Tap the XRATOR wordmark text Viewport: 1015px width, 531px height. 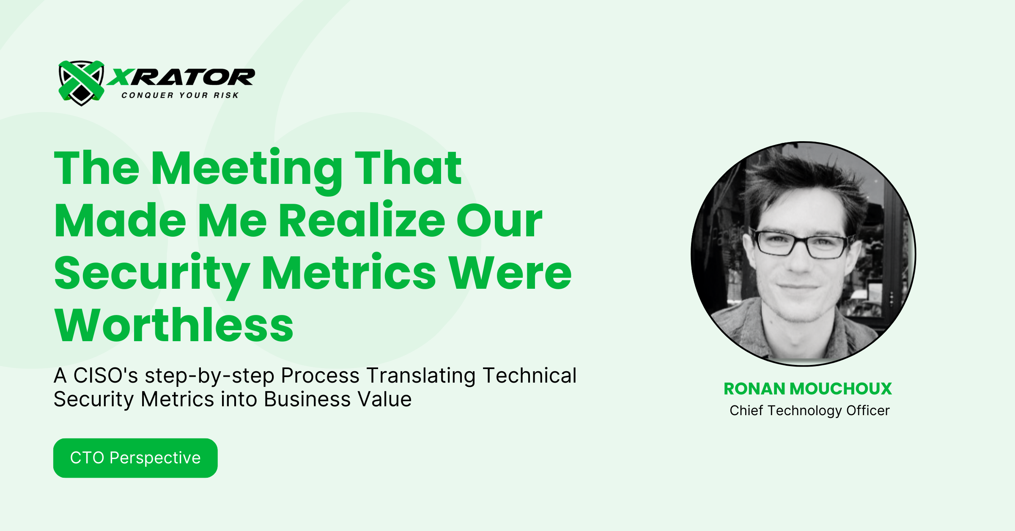[x=181, y=78]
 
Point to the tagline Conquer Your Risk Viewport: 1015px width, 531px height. [x=180, y=96]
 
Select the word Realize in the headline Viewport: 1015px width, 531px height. [x=362, y=221]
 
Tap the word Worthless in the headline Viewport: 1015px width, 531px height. [x=174, y=326]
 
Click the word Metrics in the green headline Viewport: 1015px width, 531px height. [x=348, y=273]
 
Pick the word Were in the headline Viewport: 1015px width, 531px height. [x=510, y=273]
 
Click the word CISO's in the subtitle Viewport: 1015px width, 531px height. [x=105, y=375]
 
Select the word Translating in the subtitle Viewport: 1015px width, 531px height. [x=421, y=375]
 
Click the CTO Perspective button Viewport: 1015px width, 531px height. [x=135, y=458]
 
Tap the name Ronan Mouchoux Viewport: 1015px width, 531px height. [x=807, y=389]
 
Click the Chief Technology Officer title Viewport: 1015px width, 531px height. [x=809, y=411]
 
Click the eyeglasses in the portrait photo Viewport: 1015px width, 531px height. [x=801, y=245]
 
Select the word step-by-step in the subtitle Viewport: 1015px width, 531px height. [x=209, y=375]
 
